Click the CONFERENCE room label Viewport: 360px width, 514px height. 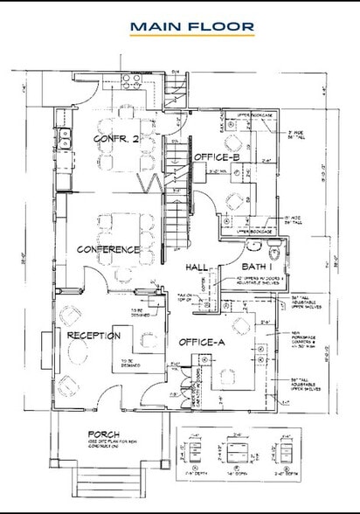pyautogui.click(x=108, y=250)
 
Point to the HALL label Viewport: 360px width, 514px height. pyautogui.click(x=197, y=268)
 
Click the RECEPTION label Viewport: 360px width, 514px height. pyautogui.click(x=93, y=335)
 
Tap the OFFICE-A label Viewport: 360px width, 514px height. pyautogui.click(x=203, y=342)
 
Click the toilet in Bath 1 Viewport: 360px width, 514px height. pyautogui.click(x=272, y=252)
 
